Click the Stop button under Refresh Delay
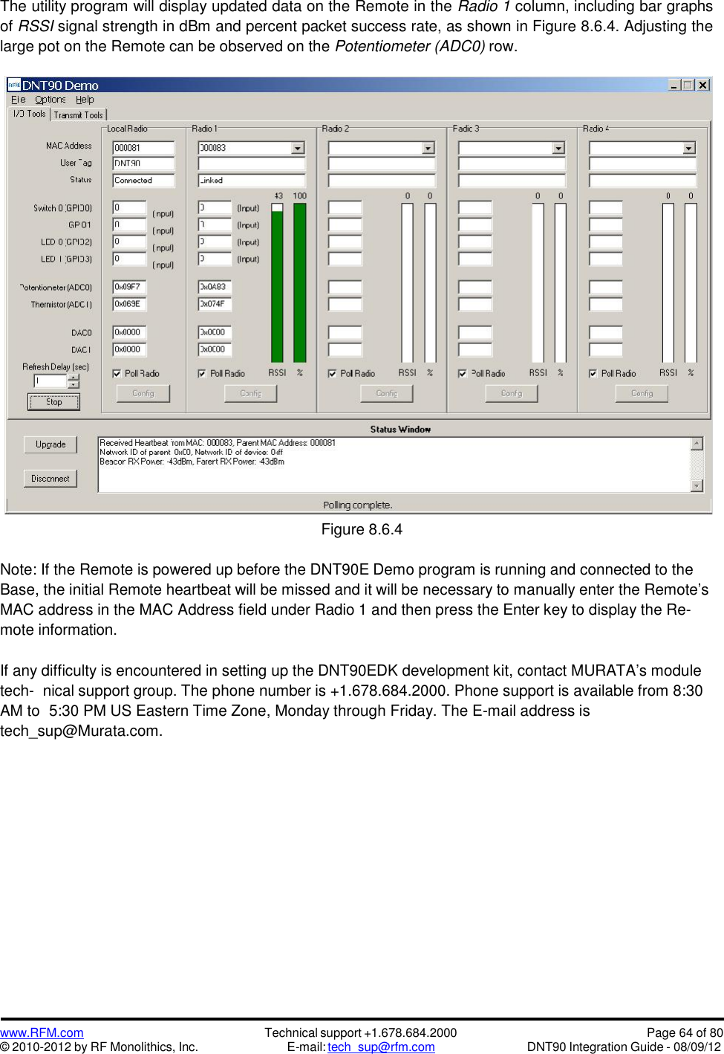click(x=53, y=402)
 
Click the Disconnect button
click(x=50, y=479)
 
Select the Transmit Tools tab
click(x=78, y=115)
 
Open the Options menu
click(x=50, y=100)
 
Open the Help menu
click(x=85, y=100)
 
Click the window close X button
click(x=702, y=85)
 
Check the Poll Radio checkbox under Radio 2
click(x=332, y=374)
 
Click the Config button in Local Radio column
click(x=143, y=393)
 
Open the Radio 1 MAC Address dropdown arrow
click(x=298, y=148)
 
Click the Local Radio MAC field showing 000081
click(x=143, y=148)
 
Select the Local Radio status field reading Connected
click(x=143, y=181)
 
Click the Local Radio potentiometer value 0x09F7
click(x=129, y=287)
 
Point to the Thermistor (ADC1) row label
click(x=62, y=305)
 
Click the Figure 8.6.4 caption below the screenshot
click(x=362, y=530)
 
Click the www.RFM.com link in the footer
click(x=42, y=1032)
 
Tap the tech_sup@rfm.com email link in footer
click(x=381, y=1047)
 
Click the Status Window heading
click(x=400, y=430)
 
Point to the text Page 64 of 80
click(x=684, y=1032)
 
